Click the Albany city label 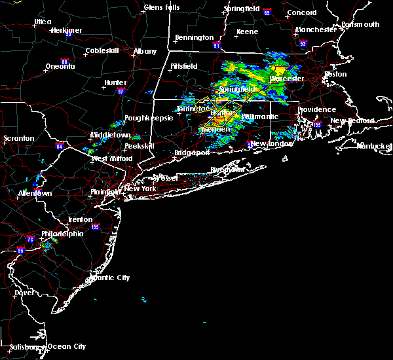[x=145, y=51]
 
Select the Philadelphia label [x=62, y=234]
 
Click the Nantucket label [x=374, y=145]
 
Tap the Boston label [x=335, y=74]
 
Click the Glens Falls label [x=162, y=7]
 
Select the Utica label [x=43, y=22]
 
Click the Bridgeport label [x=191, y=153]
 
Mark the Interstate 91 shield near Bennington [x=217, y=46]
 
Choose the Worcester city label [x=287, y=79]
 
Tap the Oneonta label [x=60, y=66]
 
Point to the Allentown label [x=35, y=194]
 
